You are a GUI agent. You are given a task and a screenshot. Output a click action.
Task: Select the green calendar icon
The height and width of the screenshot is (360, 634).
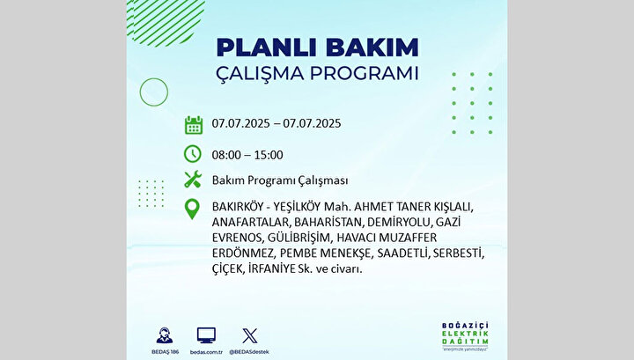pyautogui.click(x=193, y=125)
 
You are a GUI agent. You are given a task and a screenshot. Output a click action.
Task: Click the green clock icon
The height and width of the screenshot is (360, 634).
pyautogui.click(x=193, y=154)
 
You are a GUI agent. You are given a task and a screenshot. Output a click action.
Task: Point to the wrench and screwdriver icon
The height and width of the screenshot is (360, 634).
pyautogui.click(x=193, y=179)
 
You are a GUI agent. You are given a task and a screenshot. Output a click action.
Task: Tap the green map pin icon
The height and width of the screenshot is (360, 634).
pyautogui.click(x=192, y=209)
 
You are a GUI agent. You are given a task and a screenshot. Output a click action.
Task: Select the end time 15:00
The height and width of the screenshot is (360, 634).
pyautogui.click(x=269, y=155)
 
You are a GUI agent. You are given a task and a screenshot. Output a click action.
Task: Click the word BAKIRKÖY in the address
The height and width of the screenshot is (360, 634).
pyautogui.click(x=238, y=207)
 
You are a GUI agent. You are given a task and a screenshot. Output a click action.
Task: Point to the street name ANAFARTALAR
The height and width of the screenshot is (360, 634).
pyautogui.click(x=250, y=222)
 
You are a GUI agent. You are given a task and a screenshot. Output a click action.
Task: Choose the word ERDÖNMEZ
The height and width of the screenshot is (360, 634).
pyautogui.click(x=243, y=253)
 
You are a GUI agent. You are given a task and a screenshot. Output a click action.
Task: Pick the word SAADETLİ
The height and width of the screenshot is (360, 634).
pyautogui.click(x=403, y=253)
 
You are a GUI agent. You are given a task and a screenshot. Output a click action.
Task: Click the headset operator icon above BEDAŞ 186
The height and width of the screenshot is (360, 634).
pyautogui.click(x=165, y=335)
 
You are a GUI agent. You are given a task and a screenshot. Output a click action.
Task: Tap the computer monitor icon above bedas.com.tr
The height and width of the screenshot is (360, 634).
pyautogui.click(x=206, y=335)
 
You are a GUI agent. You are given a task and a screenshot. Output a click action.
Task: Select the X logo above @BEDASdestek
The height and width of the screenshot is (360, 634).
pyautogui.click(x=249, y=335)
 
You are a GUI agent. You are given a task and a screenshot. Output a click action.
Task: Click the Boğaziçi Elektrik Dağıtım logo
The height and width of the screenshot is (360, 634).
pyautogui.click(x=465, y=335)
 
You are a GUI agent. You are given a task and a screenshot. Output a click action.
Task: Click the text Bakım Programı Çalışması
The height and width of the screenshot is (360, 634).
pyautogui.click(x=280, y=180)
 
